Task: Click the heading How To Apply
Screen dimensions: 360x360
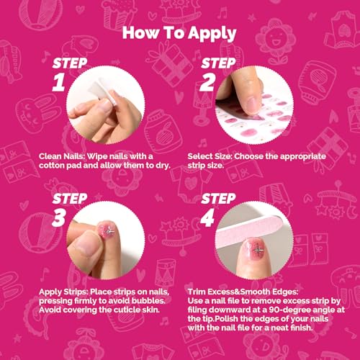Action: click(179, 33)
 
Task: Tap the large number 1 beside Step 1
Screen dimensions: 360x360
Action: click(59, 82)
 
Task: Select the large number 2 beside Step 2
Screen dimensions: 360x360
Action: click(207, 82)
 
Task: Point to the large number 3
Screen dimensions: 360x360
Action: click(59, 217)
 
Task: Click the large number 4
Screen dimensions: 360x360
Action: click(207, 217)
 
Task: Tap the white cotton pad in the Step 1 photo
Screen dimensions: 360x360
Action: click(102, 91)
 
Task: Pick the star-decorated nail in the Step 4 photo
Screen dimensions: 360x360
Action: click(255, 251)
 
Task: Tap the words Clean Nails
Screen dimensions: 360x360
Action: click(62, 156)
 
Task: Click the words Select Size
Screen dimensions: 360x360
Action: click(210, 156)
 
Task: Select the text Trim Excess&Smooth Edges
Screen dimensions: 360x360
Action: click(243, 292)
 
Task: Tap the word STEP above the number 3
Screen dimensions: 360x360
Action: click(70, 199)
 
